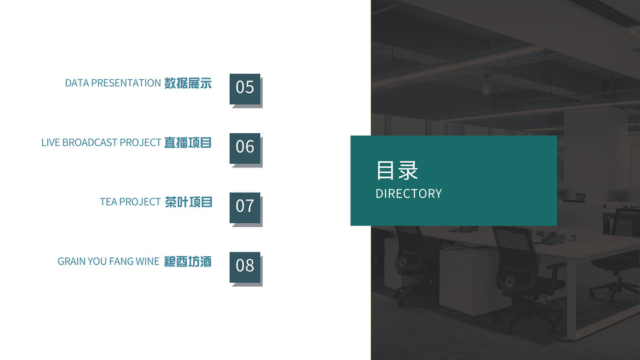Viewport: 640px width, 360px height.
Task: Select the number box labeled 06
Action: point(245,148)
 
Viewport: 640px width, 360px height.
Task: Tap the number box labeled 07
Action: point(245,207)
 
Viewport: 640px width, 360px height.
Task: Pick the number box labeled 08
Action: point(245,266)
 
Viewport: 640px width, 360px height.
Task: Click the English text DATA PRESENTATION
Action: point(113,83)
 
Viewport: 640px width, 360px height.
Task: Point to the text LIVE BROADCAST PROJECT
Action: point(101,143)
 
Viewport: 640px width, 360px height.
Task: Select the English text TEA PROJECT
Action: point(130,202)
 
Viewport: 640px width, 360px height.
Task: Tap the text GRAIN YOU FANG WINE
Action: point(108,262)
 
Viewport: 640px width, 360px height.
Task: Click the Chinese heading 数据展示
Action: point(188,83)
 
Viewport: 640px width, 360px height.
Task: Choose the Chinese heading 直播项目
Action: point(188,143)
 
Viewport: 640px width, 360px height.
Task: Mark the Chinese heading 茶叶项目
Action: point(188,202)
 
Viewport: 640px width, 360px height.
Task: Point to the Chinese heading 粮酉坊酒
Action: point(188,262)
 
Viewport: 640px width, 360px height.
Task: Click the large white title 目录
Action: point(396,170)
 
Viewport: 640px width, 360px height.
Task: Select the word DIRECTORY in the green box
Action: point(408,194)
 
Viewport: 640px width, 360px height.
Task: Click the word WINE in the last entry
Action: point(147,262)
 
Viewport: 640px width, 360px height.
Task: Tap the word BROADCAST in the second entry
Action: point(89,143)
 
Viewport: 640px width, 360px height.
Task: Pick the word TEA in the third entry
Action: point(109,202)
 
